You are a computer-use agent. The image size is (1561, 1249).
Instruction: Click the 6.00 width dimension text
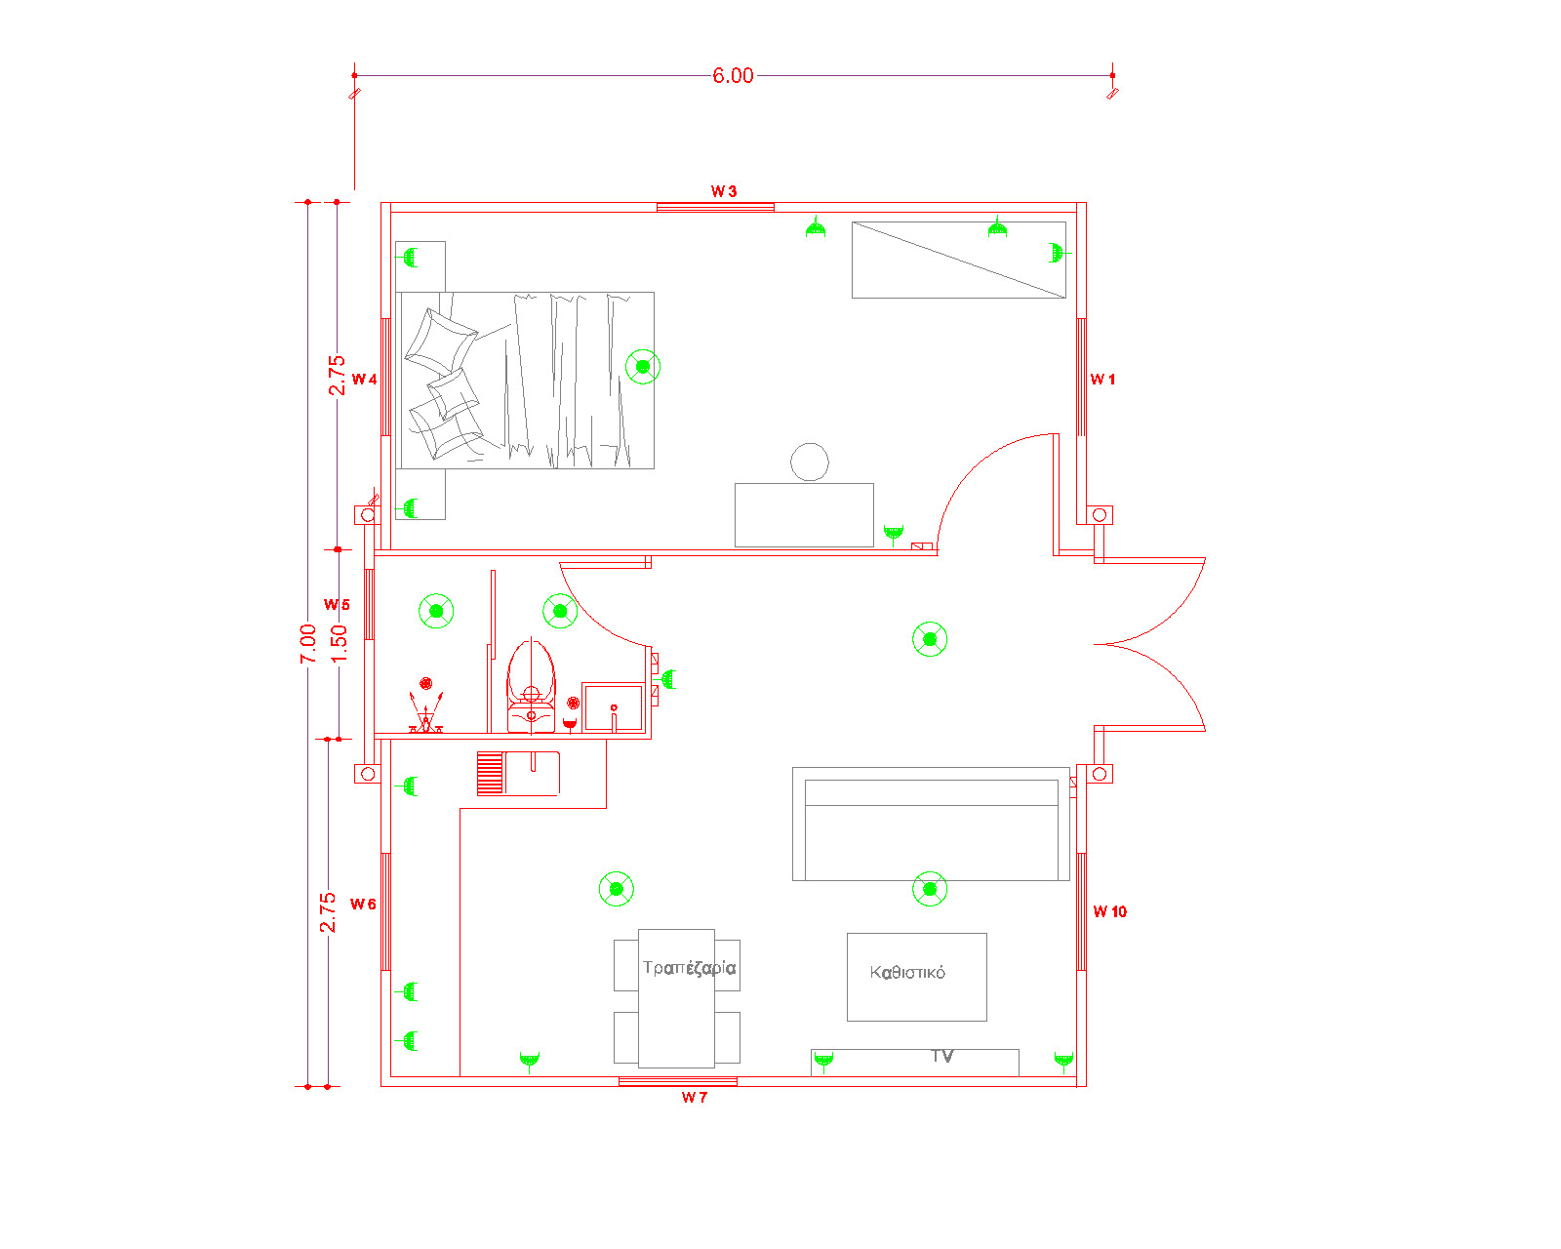point(733,75)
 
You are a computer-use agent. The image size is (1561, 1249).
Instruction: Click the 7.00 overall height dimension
point(308,644)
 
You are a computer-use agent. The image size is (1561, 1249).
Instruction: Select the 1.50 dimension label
point(339,644)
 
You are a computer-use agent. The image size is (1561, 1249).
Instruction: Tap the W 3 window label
point(723,191)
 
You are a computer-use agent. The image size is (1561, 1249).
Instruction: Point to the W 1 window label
point(1102,380)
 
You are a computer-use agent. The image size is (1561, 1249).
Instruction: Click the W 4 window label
point(364,380)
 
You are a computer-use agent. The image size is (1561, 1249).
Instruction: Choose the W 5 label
point(337,605)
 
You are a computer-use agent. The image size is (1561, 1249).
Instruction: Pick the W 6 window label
point(363,905)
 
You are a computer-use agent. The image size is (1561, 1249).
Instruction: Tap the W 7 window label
point(695,1098)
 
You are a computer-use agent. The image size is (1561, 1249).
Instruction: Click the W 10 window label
point(1110,912)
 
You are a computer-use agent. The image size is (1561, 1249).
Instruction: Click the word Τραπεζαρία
point(689,968)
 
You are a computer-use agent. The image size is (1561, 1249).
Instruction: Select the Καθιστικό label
point(907,973)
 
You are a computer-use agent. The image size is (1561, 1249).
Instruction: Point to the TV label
point(941,1056)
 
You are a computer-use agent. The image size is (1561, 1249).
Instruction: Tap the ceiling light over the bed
point(643,367)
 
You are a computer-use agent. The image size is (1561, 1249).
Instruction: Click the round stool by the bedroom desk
point(810,462)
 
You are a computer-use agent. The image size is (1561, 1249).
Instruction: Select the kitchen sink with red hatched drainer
point(518,774)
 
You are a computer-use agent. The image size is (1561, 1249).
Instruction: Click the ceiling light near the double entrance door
point(930,639)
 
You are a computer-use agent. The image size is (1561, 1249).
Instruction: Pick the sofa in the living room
point(931,825)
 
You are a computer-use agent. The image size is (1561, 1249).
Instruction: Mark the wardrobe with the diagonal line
point(959,260)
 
